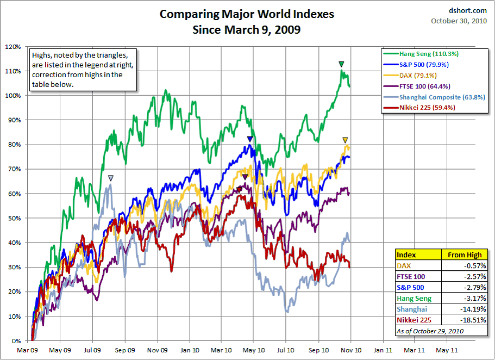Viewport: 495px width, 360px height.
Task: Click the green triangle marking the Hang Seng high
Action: (341, 64)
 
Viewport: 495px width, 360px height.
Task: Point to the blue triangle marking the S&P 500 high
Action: (249, 139)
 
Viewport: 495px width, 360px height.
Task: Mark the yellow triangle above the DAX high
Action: (345, 140)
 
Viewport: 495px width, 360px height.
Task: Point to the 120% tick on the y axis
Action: (13, 46)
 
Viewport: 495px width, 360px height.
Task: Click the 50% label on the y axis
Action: (15, 218)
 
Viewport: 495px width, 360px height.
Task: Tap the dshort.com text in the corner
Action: (468, 9)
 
